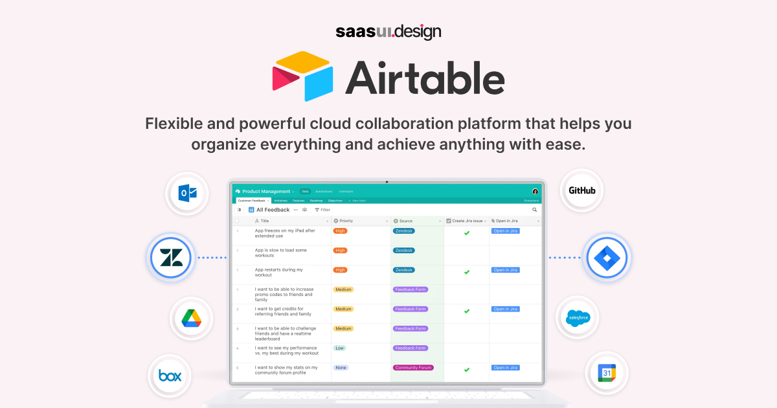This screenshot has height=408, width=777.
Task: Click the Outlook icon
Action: (188, 193)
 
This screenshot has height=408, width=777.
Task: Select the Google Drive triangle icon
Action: (191, 318)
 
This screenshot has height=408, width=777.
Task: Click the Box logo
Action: (170, 376)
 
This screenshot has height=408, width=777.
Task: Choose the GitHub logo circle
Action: (581, 190)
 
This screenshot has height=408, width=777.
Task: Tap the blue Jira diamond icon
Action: (607, 258)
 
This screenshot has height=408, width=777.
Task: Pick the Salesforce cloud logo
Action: (578, 317)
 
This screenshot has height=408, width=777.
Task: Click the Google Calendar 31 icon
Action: (607, 374)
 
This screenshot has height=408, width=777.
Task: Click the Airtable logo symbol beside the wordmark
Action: (302, 76)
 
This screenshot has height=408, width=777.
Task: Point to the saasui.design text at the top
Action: (388, 31)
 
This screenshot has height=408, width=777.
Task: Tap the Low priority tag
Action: (339, 348)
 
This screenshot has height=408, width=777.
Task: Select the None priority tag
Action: (341, 367)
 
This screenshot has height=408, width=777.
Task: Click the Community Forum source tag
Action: (413, 367)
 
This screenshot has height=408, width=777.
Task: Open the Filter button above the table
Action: (322, 210)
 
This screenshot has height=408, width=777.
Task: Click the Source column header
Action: (406, 221)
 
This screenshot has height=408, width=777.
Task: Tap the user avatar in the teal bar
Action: (535, 192)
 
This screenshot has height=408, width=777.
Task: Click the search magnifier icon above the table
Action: (535, 210)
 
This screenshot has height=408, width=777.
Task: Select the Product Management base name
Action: (266, 192)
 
